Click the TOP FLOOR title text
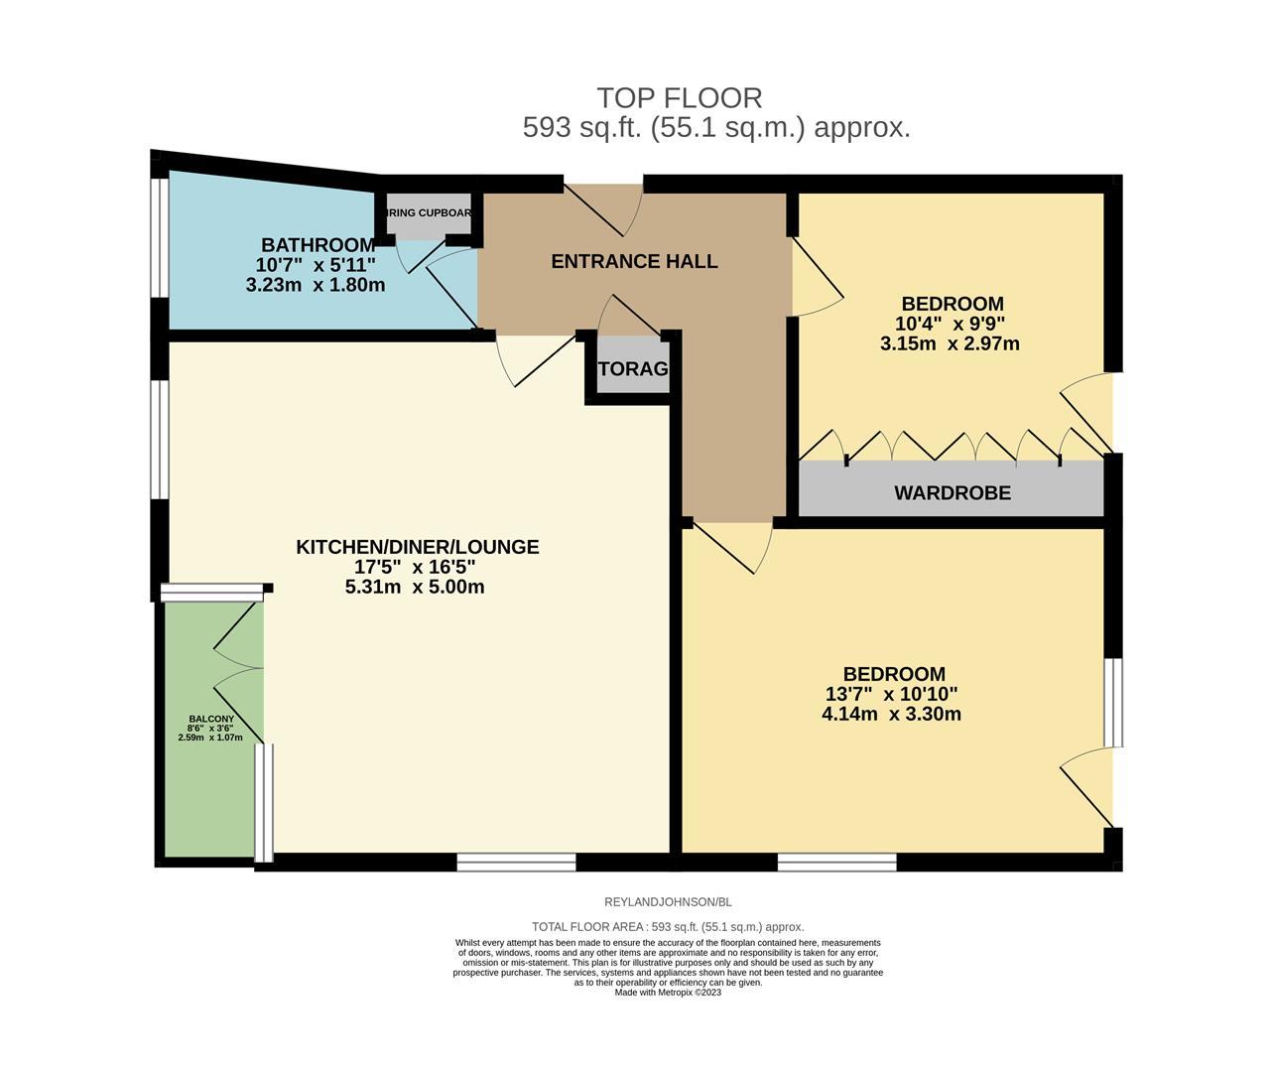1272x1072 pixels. click(x=679, y=98)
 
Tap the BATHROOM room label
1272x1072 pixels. click(x=318, y=244)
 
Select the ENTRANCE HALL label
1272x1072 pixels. click(x=634, y=262)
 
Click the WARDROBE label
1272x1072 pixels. click(x=952, y=492)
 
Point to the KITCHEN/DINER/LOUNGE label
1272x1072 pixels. click(x=417, y=547)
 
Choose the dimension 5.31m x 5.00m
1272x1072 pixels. click(x=415, y=587)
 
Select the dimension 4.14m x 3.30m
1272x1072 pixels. click(x=891, y=714)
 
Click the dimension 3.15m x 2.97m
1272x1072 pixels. click(x=950, y=344)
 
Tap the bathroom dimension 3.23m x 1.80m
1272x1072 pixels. click(x=316, y=285)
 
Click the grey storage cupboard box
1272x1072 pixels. click(x=633, y=369)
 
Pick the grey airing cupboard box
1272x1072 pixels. click(x=429, y=215)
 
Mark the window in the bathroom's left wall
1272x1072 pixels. click(x=159, y=238)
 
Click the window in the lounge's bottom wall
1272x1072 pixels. click(x=516, y=862)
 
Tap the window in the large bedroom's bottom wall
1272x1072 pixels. click(x=836, y=862)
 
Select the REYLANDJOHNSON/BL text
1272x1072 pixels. click(x=668, y=902)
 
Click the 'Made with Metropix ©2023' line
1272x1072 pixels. click(x=668, y=993)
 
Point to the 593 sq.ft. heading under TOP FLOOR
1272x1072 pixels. click(x=716, y=128)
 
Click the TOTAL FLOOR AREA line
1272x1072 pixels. click(x=668, y=927)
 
